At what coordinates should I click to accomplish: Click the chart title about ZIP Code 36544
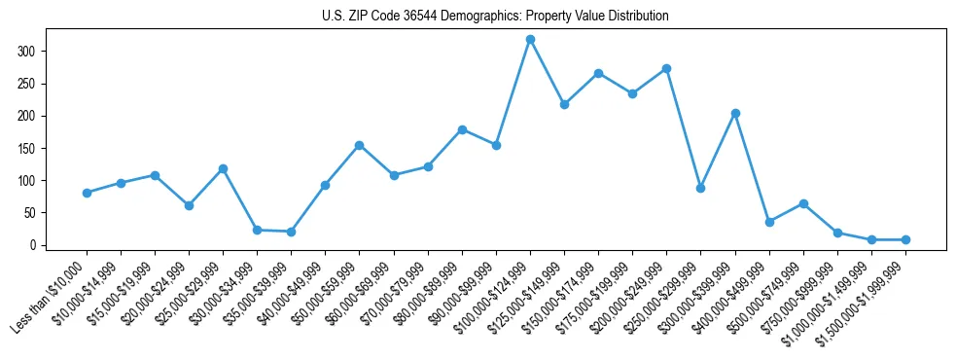pyautogui.click(x=495, y=17)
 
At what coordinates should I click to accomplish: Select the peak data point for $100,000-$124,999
pyautogui.click(x=530, y=39)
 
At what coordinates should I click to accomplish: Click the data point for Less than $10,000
pyautogui.click(x=87, y=193)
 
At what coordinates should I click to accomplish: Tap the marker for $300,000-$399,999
pyautogui.click(x=735, y=113)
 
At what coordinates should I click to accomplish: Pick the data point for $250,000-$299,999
pyautogui.click(x=700, y=188)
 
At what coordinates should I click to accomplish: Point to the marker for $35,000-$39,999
pyautogui.click(x=291, y=232)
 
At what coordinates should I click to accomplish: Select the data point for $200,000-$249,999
pyautogui.click(x=666, y=68)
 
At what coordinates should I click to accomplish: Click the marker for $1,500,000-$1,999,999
pyautogui.click(x=905, y=239)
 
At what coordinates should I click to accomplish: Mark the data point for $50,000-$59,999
pyautogui.click(x=359, y=145)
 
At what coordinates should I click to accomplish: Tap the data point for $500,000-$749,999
pyautogui.click(x=803, y=203)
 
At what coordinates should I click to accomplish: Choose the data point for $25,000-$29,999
pyautogui.click(x=223, y=168)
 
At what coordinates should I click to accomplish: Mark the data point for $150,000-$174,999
pyautogui.click(x=598, y=73)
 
